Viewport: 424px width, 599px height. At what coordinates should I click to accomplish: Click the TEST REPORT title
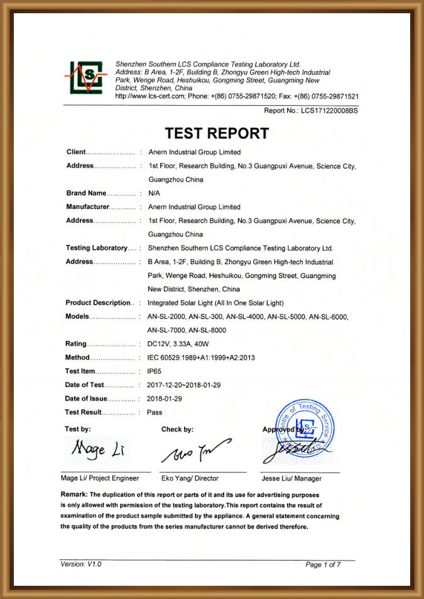[x=217, y=133]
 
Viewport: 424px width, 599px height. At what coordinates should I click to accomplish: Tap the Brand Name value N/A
[x=154, y=193]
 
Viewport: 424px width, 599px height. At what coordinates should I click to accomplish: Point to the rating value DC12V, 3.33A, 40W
[x=182, y=344]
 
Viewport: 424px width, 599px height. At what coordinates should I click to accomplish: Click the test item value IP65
[x=155, y=371]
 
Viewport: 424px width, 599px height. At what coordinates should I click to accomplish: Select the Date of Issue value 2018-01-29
[x=165, y=399]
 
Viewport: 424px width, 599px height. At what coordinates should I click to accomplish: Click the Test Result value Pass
[x=155, y=413]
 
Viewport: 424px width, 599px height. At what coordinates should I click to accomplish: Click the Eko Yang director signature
[x=195, y=452]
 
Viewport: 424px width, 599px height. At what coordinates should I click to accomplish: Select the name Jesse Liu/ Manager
[x=292, y=479]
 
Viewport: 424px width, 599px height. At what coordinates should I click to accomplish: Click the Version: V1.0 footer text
[x=81, y=564]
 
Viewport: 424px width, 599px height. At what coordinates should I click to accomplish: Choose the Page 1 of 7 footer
[x=323, y=565]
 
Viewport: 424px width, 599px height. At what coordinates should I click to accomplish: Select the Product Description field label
[x=97, y=303]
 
